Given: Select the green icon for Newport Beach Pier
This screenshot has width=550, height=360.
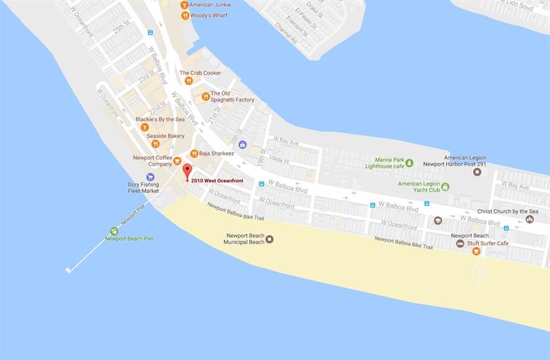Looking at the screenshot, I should pyautogui.click(x=114, y=230).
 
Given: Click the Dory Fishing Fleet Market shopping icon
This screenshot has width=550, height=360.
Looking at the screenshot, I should pyautogui.click(x=151, y=177).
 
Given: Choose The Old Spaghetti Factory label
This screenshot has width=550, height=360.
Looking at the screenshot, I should pyautogui.click(x=232, y=97).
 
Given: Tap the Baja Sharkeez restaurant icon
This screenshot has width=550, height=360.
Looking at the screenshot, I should pyautogui.click(x=194, y=154).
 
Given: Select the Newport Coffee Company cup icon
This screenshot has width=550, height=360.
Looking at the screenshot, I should pyautogui.click(x=178, y=161).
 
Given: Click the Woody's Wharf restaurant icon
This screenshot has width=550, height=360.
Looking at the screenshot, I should pyautogui.click(x=184, y=15).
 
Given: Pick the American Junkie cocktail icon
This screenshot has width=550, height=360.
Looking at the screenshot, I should pyautogui.click(x=184, y=5).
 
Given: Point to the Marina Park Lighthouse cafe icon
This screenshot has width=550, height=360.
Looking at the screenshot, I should pyautogui.click(x=410, y=163).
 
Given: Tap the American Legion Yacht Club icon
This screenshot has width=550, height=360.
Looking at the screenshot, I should pyautogui.click(x=445, y=186).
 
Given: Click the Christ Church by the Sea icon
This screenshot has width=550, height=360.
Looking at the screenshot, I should pyautogui.click(x=529, y=219).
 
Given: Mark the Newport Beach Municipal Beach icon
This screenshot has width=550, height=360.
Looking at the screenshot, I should pyautogui.click(x=269, y=239).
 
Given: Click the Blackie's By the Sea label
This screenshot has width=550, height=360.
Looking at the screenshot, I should pyautogui.click(x=159, y=119).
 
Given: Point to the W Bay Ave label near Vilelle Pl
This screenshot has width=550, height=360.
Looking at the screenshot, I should pyautogui.click(x=286, y=142).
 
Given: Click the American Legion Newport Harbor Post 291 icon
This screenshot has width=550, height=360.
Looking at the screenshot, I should pyautogui.click(x=477, y=171).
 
